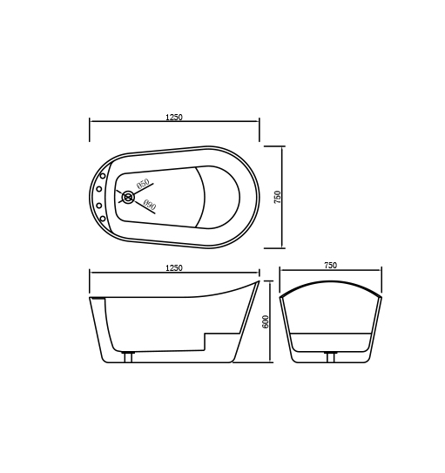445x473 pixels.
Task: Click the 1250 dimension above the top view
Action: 174,118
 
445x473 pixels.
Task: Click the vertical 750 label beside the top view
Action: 278,197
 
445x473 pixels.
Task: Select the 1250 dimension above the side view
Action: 174,268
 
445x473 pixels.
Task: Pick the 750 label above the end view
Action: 330,266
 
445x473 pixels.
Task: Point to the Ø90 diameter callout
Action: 148,206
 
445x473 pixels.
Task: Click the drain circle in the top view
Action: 129,198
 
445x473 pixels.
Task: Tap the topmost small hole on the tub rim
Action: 104,175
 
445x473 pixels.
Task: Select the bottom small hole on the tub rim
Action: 103,219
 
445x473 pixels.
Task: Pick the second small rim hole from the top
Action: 99,188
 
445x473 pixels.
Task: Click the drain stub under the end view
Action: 330,356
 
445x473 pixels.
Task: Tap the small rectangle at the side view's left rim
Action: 98,300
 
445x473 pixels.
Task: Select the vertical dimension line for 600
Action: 272,321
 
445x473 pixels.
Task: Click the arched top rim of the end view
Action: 331,282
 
